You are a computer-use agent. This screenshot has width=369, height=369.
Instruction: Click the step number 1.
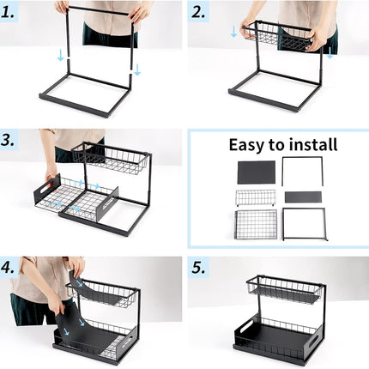pyautogui.click(x=12, y=12)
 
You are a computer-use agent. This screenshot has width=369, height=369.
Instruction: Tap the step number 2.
pyautogui.click(x=199, y=12)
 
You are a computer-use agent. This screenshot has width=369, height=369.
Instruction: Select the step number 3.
pyautogui.click(x=12, y=141)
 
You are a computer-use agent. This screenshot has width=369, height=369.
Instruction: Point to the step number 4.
pyautogui.click(x=12, y=267)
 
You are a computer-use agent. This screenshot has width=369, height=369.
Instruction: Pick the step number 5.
pyautogui.click(x=199, y=267)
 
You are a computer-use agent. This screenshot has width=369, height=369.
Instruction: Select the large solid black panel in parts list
pyautogui.click(x=256, y=172)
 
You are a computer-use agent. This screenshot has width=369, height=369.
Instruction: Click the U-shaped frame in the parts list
pyautogui.click(x=302, y=170)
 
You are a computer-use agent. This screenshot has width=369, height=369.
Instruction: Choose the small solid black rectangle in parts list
pyautogui.click(x=302, y=197)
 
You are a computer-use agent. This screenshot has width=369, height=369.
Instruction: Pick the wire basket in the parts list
pyautogui.click(x=255, y=197)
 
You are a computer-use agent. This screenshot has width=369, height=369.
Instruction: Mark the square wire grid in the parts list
pyautogui.click(x=255, y=224)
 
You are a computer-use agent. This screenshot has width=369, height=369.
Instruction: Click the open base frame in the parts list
pyautogui.click(x=304, y=224)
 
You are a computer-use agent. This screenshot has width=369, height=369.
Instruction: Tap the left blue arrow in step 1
pyautogui.click(x=59, y=55)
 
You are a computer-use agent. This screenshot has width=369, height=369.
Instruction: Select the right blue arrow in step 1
pyautogui.click(x=136, y=68)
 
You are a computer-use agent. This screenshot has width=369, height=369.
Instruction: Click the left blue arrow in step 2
pyautogui.click(x=234, y=32)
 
